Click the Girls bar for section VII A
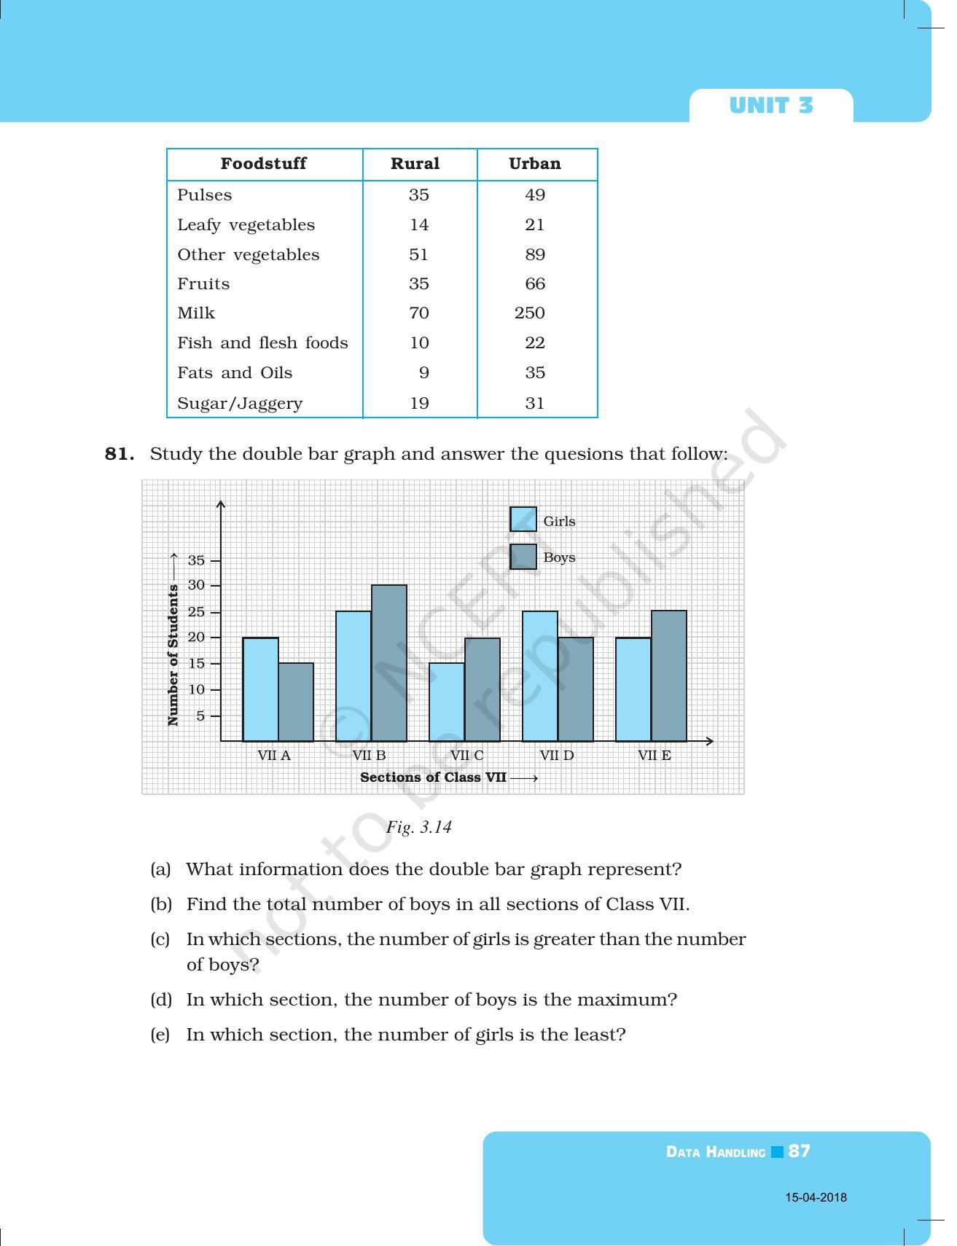[260, 689]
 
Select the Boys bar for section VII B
[389, 663]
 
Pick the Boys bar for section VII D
[576, 689]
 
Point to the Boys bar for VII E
[669, 676]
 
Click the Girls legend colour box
[523, 520]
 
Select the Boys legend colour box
[523, 557]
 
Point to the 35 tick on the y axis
[197, 560]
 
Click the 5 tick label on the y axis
[200, 716]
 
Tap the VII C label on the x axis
[466, 756]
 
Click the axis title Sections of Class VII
[434, 777]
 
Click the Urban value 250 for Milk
[530, 313]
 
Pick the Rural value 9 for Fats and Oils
[423, 373]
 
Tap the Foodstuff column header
[263, 164]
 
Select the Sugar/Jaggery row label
[240, 404]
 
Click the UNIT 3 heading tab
[770, 106]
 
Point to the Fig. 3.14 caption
[419, 827]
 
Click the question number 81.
[120, 454]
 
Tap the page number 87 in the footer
[799, 1151]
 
